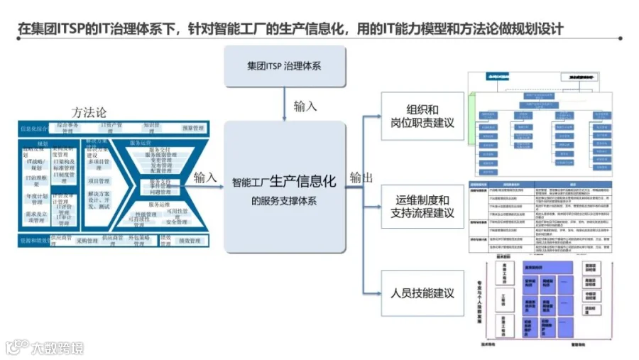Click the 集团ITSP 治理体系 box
(284, 66)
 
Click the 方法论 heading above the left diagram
(90, 112)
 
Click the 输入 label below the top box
(305, 106)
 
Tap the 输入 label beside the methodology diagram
(205, 177)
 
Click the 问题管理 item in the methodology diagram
(161, 192)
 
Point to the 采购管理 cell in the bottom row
(87, 241)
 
